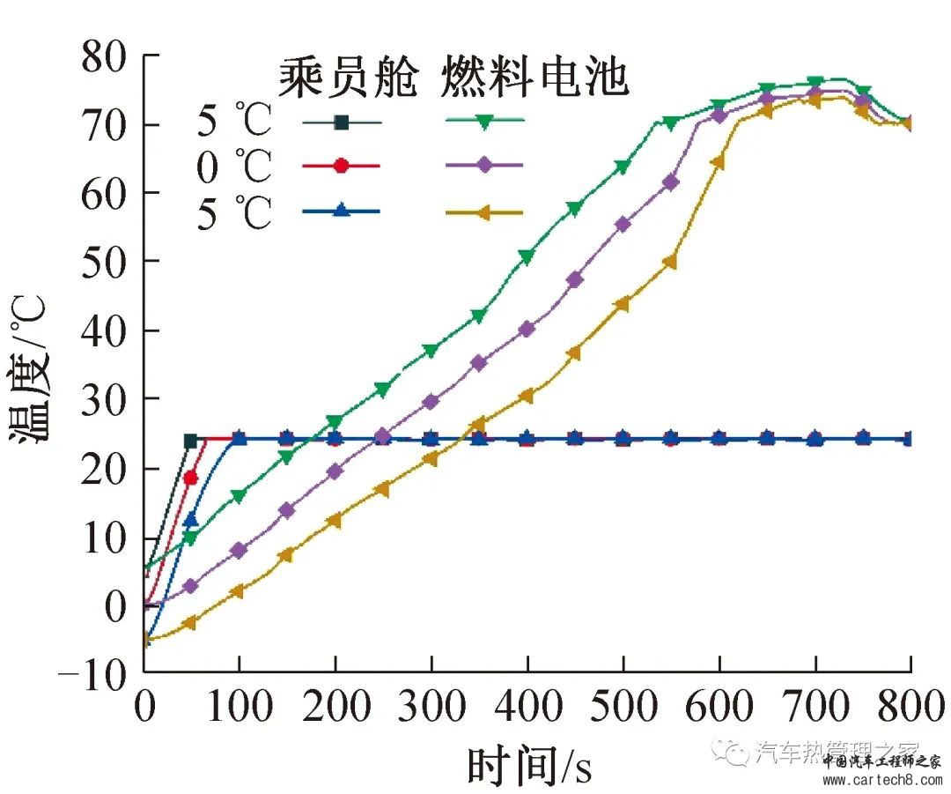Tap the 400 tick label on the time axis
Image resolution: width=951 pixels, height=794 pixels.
(x=527, y=707)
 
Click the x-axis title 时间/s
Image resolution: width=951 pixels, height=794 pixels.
(x=528, y=765)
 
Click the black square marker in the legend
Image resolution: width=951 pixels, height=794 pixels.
(x=342, y=123)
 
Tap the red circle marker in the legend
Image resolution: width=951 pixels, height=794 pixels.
(x=342, y=165)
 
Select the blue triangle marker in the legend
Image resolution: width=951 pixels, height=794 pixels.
(x=342, y=211)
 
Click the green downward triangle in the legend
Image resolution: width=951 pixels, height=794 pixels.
(x=484, y=123)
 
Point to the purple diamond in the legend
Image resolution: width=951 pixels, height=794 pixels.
(x=484, y=165)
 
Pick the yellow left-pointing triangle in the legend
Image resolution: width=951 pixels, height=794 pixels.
(x=484, y=211)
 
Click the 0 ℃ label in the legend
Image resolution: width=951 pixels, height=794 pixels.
(x=234, y=166)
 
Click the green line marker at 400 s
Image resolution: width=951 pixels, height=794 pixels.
(x=527, y=257)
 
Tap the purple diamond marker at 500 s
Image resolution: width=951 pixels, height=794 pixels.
(x=623, y=224)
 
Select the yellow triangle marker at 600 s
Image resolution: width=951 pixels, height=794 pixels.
(x=718, y=162)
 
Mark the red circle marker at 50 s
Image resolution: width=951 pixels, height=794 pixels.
(x=191, y=478)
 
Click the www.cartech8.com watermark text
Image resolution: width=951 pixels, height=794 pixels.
(x=881, y=778)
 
